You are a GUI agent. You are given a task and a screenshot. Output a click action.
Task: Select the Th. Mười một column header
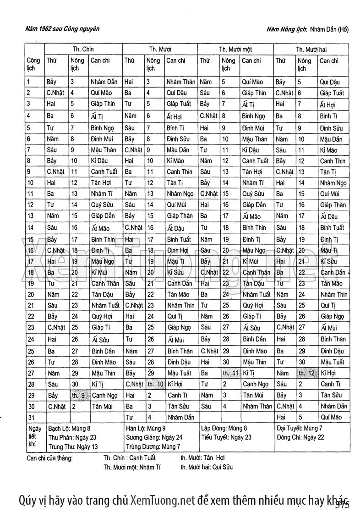[x=235, y=49]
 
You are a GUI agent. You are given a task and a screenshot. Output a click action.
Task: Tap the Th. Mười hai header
[x=311, y=49]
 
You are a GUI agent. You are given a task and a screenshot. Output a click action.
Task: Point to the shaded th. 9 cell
[x=78, y=395]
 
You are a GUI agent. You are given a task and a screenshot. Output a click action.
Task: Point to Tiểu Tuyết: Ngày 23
[x=226, y=437]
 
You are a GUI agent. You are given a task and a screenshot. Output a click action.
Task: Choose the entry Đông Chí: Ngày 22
[x=300, y=437]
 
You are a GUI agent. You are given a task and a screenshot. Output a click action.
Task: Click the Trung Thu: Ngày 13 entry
[x=73, y=446]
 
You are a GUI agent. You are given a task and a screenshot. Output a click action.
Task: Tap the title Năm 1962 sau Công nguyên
[x=63, y=29]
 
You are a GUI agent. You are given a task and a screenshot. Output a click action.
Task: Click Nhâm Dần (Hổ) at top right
[x=329, y=30]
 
